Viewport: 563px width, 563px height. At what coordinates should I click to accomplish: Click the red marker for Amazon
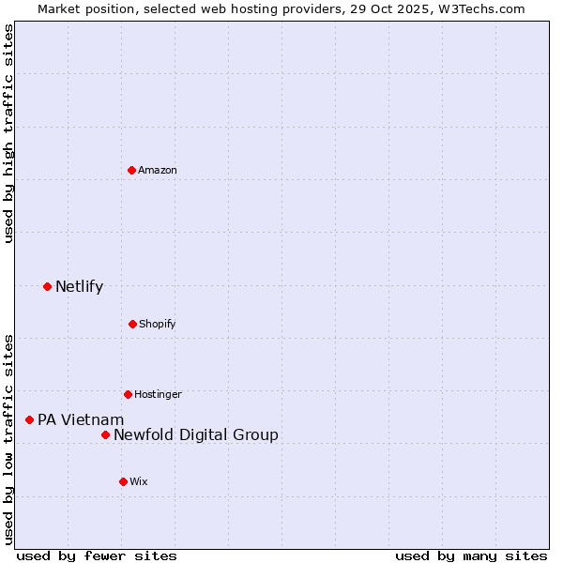coord(132,170)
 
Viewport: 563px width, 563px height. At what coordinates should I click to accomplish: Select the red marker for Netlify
coord(47,286)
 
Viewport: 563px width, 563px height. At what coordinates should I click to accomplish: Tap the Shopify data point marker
coord(132,324)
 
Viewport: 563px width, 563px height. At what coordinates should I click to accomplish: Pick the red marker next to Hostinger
coord(128,394)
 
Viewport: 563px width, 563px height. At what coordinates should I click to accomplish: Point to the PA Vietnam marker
coord(29,419)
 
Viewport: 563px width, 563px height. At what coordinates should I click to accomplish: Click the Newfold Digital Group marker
coord(105,434)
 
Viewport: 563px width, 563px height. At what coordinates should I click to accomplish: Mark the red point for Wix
coord(123,481)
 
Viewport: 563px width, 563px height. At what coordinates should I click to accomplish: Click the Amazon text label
coord(158,170)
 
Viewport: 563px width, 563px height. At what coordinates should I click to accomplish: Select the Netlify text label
coord(79,286)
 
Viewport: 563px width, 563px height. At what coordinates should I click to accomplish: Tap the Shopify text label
coord(157,324)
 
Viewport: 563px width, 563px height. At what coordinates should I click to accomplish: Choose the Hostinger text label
coord(158,394)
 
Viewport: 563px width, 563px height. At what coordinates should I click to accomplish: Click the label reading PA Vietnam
coord(81,419)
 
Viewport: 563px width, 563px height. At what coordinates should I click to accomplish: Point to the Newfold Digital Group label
coord(196,434)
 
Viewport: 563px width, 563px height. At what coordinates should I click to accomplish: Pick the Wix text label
coord(139,481)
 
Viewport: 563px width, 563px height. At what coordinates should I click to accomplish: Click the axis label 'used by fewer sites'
coord(97,555)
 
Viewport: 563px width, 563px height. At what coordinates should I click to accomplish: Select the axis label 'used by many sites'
coord(471,555)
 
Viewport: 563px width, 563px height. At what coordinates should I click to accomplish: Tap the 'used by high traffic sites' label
coord(9,133)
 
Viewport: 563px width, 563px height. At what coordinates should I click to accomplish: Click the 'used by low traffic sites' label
coord(9,438)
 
